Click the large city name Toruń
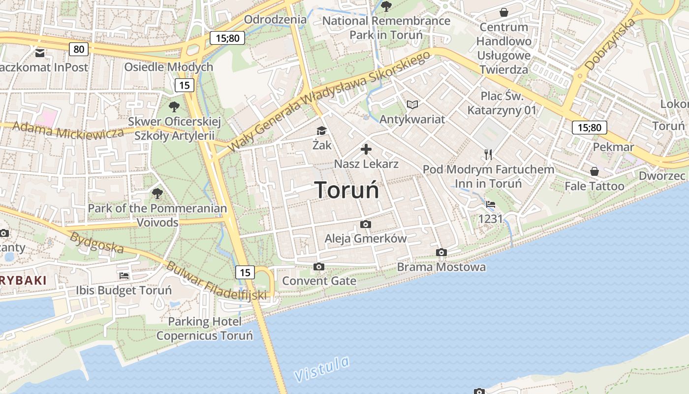click(x=346, y=190)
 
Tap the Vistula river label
click(x=322, y=368)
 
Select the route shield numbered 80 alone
click(x=79, y=49)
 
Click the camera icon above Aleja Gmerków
click(x=365, y=225)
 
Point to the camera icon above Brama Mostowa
click(x=441, y=253)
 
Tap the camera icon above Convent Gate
click(x=319, y=267)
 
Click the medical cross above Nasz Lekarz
click(x=366, y=149)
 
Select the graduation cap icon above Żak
click(x=321, y=131)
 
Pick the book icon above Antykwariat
click(x=412, y=104)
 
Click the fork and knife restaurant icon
click(x=488, y=155)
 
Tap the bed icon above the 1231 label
click(x=490, y=204)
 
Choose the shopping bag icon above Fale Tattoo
click(x=595, y=171)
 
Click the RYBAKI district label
click(x=23, y=281)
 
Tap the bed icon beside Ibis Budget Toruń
click(x=124, y=276)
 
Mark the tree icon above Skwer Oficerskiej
click(x=174, y=106)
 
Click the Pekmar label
click(x=613, y=147)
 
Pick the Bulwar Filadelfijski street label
click(x=216, y=281)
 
